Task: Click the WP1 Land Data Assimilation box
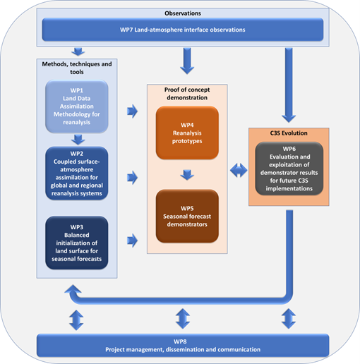coord(77,107)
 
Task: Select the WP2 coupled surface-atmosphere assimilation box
coord(77,174)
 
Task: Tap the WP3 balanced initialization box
coord(77,243)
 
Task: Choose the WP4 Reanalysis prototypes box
coord(187,133)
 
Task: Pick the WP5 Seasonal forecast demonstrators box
coord(187,216)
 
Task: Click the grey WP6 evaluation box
coord(289,169)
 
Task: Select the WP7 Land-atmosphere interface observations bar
coord(183,30)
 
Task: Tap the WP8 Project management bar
coord(183,346)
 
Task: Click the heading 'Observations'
coord(183,13)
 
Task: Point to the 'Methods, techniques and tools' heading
coord(77,68)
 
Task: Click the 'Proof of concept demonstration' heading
coord(187,94)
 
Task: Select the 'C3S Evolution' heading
coord(289,133)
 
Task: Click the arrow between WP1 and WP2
coord(78,140)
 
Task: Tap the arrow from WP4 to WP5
coord(187,175)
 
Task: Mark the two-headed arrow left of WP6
coord(239,170)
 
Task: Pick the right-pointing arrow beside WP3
coord(132,241)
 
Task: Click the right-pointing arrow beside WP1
coord(132,111)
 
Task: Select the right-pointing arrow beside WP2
coord(132,178)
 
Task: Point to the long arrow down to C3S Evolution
coord(289,85)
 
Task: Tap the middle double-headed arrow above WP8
coord(183,319)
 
